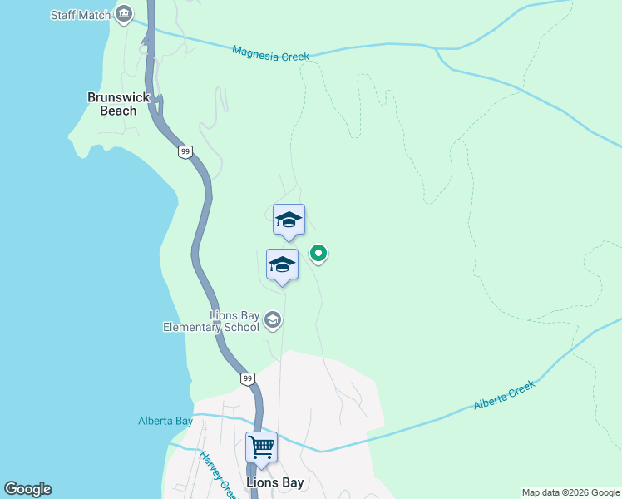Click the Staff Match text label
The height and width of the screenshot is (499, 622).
(x=80, y=15)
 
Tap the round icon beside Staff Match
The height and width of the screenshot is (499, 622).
(x=125, y=13)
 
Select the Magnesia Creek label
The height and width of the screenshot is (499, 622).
(x=270, y=53)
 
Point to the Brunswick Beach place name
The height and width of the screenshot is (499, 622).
(x=118, y=103)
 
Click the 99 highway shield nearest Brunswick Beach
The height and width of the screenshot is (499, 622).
(x=185, y=151)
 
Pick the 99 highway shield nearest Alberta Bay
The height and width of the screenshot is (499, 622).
(x=248, y=378)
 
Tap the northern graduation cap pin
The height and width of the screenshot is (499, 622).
(x=289, y=220)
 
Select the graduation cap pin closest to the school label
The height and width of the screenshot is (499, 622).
(x=282, y=265)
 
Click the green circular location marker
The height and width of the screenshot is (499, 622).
(x=318, y=254)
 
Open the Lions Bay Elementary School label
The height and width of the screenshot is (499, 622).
(x=211, y=321)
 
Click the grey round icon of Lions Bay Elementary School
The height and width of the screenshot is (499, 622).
(x=272, y=319)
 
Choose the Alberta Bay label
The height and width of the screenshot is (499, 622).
(x=165, y=421)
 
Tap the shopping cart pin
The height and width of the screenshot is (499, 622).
(x=261, y=447)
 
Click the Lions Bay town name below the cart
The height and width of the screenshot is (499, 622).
(x=275, y=482)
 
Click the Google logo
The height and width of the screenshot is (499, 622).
(x=27, y=489)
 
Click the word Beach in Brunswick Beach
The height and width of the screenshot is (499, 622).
(x=118, y=110)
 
